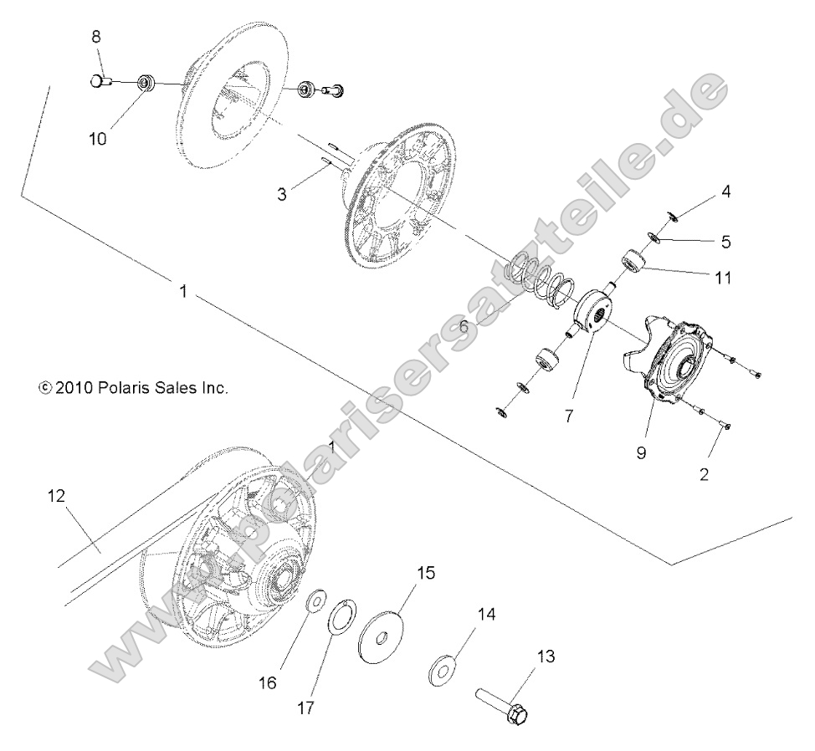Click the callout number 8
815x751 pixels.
[x=95, y=37]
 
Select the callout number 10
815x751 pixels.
[x=98, y=139]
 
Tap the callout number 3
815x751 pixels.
[x=282, y=194]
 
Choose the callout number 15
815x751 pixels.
[x=426, y=573]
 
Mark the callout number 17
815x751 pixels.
[x=305, y=708]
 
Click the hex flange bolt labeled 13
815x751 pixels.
[x=507, y=705]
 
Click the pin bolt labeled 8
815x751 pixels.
[x=101, y=81]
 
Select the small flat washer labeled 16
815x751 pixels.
[x=315, y=600]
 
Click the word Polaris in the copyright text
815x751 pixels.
[x=121, y=388]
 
